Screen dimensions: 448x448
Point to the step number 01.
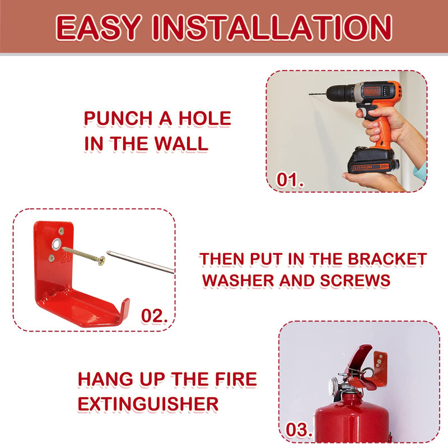point(291,180)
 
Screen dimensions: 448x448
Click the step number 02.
point(155,316)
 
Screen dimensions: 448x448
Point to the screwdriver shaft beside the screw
point(140,262)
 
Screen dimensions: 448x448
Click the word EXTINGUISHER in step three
point(148,403)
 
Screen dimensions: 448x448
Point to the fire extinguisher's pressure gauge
point(334,387)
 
